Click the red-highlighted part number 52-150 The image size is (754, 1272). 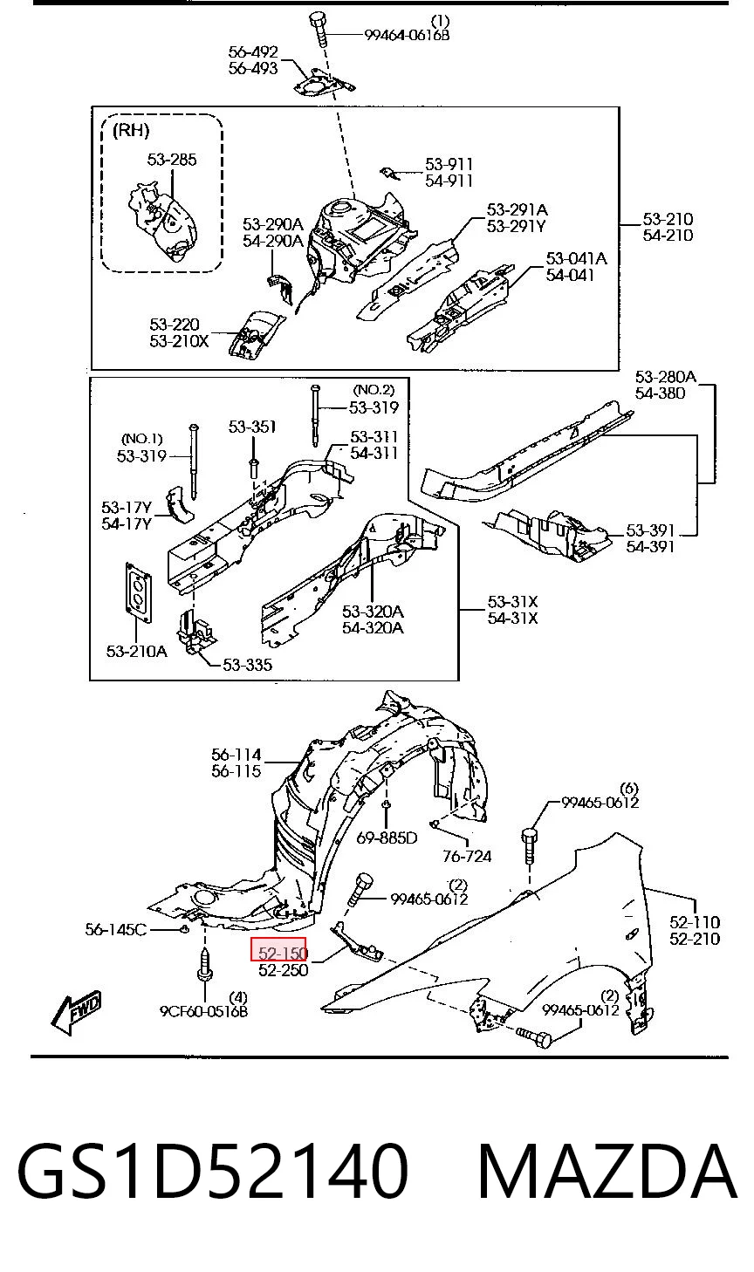[283, 953]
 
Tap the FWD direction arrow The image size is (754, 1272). [76, 1013]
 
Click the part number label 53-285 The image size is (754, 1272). [172, 160]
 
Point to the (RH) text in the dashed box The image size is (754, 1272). [131, 131]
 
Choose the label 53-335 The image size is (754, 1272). [247, 665]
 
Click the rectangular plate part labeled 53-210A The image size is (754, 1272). [140, 592]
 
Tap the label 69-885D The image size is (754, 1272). [387, 838]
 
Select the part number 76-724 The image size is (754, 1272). [467, 856]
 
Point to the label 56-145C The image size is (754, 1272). [116, 929]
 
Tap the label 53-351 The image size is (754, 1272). [252, 427]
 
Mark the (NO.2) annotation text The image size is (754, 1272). [374, 390]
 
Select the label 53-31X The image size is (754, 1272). [512, 601]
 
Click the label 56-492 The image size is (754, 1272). [253, 51]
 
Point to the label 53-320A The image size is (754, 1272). [373, 611]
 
